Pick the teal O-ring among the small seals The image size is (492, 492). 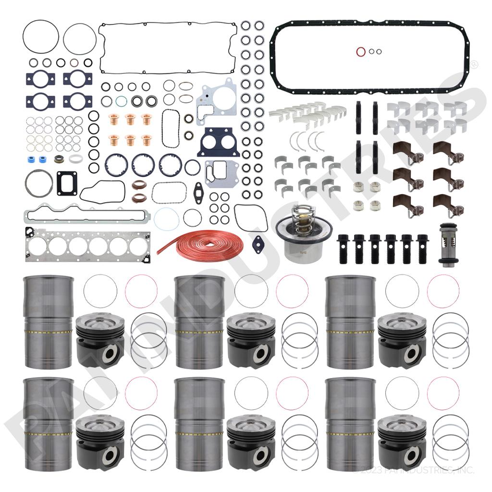tap(122, 101)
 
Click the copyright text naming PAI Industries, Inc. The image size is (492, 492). tap(413, 469)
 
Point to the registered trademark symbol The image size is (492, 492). tap(474, 64)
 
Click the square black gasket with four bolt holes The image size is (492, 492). tap(66, 183)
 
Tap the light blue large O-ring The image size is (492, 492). tap(166, 218)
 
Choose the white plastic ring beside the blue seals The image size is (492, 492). tap(76, 159)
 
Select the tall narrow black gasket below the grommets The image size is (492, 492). tap(171, 128)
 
